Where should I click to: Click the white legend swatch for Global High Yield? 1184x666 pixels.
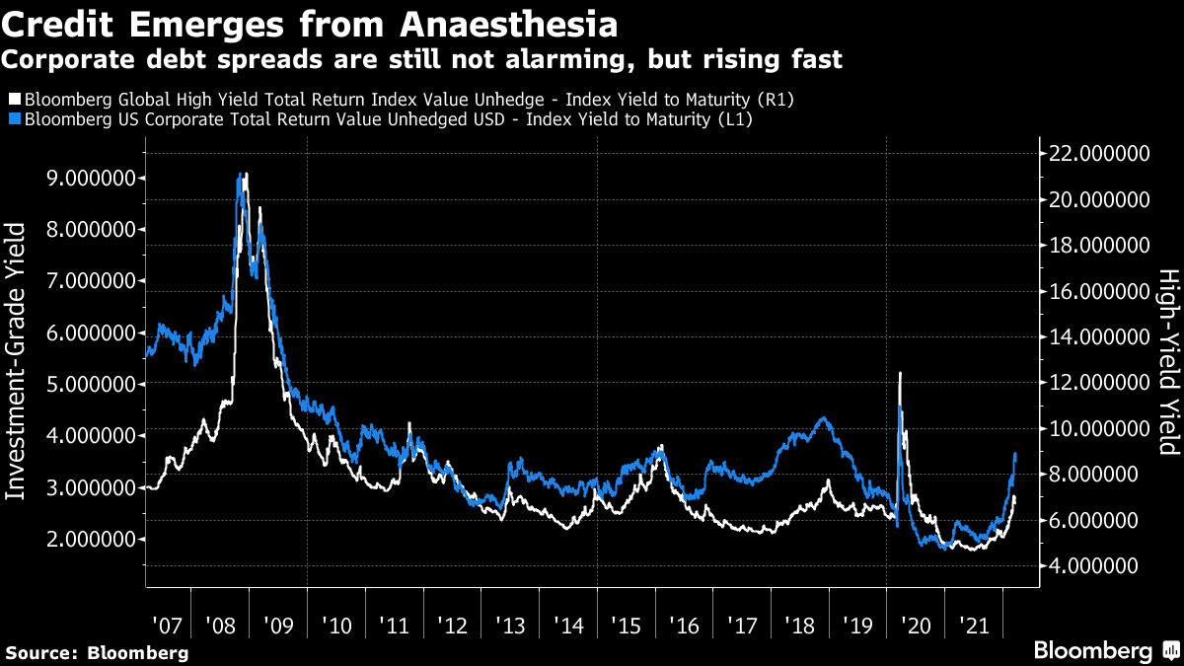click(x=14, y=99)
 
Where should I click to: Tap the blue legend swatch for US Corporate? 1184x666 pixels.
click(x=14, y=119)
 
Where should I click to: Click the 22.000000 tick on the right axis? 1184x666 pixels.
click(x=1099, y=154)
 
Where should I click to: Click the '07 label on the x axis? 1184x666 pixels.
click(x=167, y=626)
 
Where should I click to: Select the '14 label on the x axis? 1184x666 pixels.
click(x=568, y=626)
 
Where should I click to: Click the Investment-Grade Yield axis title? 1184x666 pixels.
click(x=18, y=361)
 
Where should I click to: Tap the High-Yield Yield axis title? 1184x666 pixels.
click(x=1167, y=361)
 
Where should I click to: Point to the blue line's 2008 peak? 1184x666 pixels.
click(x=240, y=176)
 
